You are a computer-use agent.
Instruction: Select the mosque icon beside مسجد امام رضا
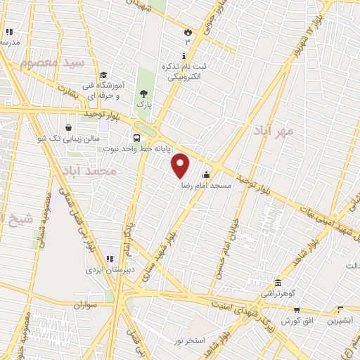click(x=206, y=176)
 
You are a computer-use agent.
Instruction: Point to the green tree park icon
click(x=144, y=93)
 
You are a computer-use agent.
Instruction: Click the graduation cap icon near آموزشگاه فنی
click(x=103, y=75)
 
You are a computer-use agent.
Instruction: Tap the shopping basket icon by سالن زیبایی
click(x=68, y=127)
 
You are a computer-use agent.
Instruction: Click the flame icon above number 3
click(x=187, y=32)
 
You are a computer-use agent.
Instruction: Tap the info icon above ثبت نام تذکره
click(x=185, y=56)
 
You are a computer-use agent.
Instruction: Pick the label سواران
click(x=82, y=305)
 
